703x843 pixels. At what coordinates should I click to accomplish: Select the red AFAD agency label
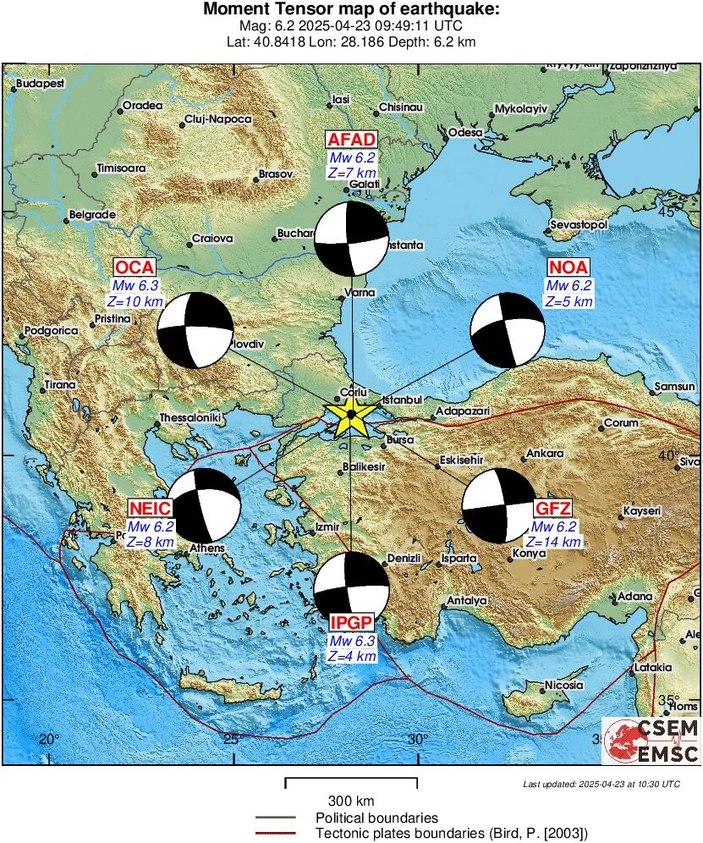pos(351,140)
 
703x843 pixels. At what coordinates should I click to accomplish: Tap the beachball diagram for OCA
pos(195,330)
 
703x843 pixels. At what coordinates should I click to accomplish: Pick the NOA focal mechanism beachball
pos(508,330)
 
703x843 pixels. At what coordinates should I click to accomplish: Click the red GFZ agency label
pos(552,509)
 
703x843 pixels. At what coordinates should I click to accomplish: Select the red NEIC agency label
pos(151,508)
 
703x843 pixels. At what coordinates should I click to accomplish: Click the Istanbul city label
pos(402,399)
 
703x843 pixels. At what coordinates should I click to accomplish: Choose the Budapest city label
pos(41,84)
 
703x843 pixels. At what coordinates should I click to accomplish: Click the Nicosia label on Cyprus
pos(564,685)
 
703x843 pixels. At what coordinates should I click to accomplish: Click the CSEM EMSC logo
pos(651,741)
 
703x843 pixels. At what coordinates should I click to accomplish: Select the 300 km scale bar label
pos(350,801)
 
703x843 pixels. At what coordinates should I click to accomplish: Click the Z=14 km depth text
pos(553,542)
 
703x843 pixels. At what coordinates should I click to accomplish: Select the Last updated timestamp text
pos(601,784)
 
